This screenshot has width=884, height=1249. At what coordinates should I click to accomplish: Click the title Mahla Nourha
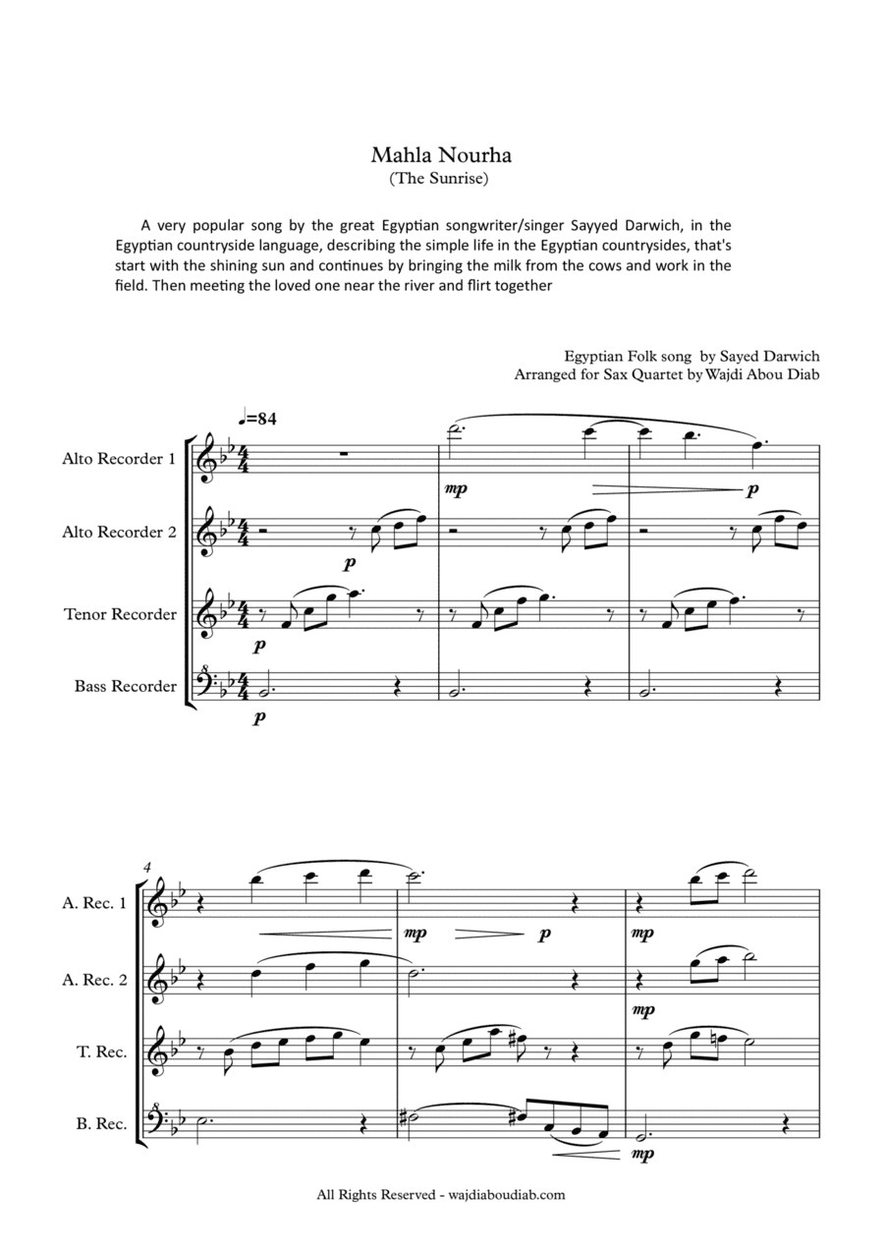(x=441, y=155)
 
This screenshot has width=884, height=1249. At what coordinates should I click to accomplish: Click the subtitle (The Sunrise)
(x=441, y=179)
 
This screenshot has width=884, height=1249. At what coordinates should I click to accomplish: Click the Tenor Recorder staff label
(x=121, y=614)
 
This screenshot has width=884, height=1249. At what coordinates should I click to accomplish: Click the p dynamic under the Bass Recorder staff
(x=259, y=718)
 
